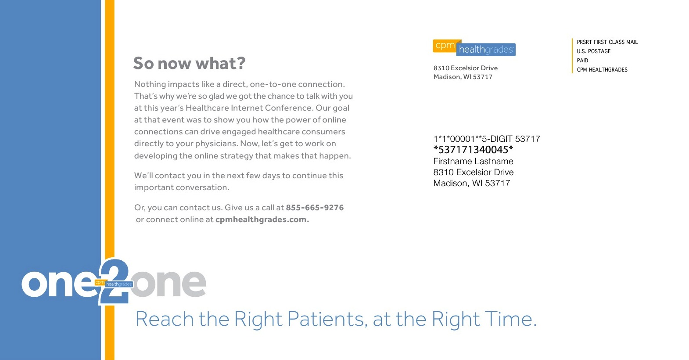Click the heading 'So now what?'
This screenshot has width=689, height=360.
click(189, 63)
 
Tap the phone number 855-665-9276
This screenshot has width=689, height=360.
click(315, 208)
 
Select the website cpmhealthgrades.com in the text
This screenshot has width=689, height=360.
click(262, 220)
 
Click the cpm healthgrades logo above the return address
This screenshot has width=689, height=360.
click(474, 48)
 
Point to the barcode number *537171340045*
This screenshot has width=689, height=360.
click(473, 150)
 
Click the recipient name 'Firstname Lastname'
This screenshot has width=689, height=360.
click(473, 161)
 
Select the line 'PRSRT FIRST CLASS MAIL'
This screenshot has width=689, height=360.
click(607, 42)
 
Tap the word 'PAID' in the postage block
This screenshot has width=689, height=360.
click(582, 61)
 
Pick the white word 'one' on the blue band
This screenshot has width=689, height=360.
click(58, 283)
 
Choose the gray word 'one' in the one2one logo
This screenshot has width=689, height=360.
click(169, 283)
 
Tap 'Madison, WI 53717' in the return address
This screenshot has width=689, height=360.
click(463, 77)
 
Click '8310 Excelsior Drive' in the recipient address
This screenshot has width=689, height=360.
click(474, 172)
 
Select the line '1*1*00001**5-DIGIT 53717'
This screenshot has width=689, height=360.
click(487, 139)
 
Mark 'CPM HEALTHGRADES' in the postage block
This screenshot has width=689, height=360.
click(602, 70)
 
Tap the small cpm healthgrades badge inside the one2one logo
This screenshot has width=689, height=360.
click(114, 283)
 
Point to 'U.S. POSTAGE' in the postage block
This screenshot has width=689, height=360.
click(594, 51)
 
